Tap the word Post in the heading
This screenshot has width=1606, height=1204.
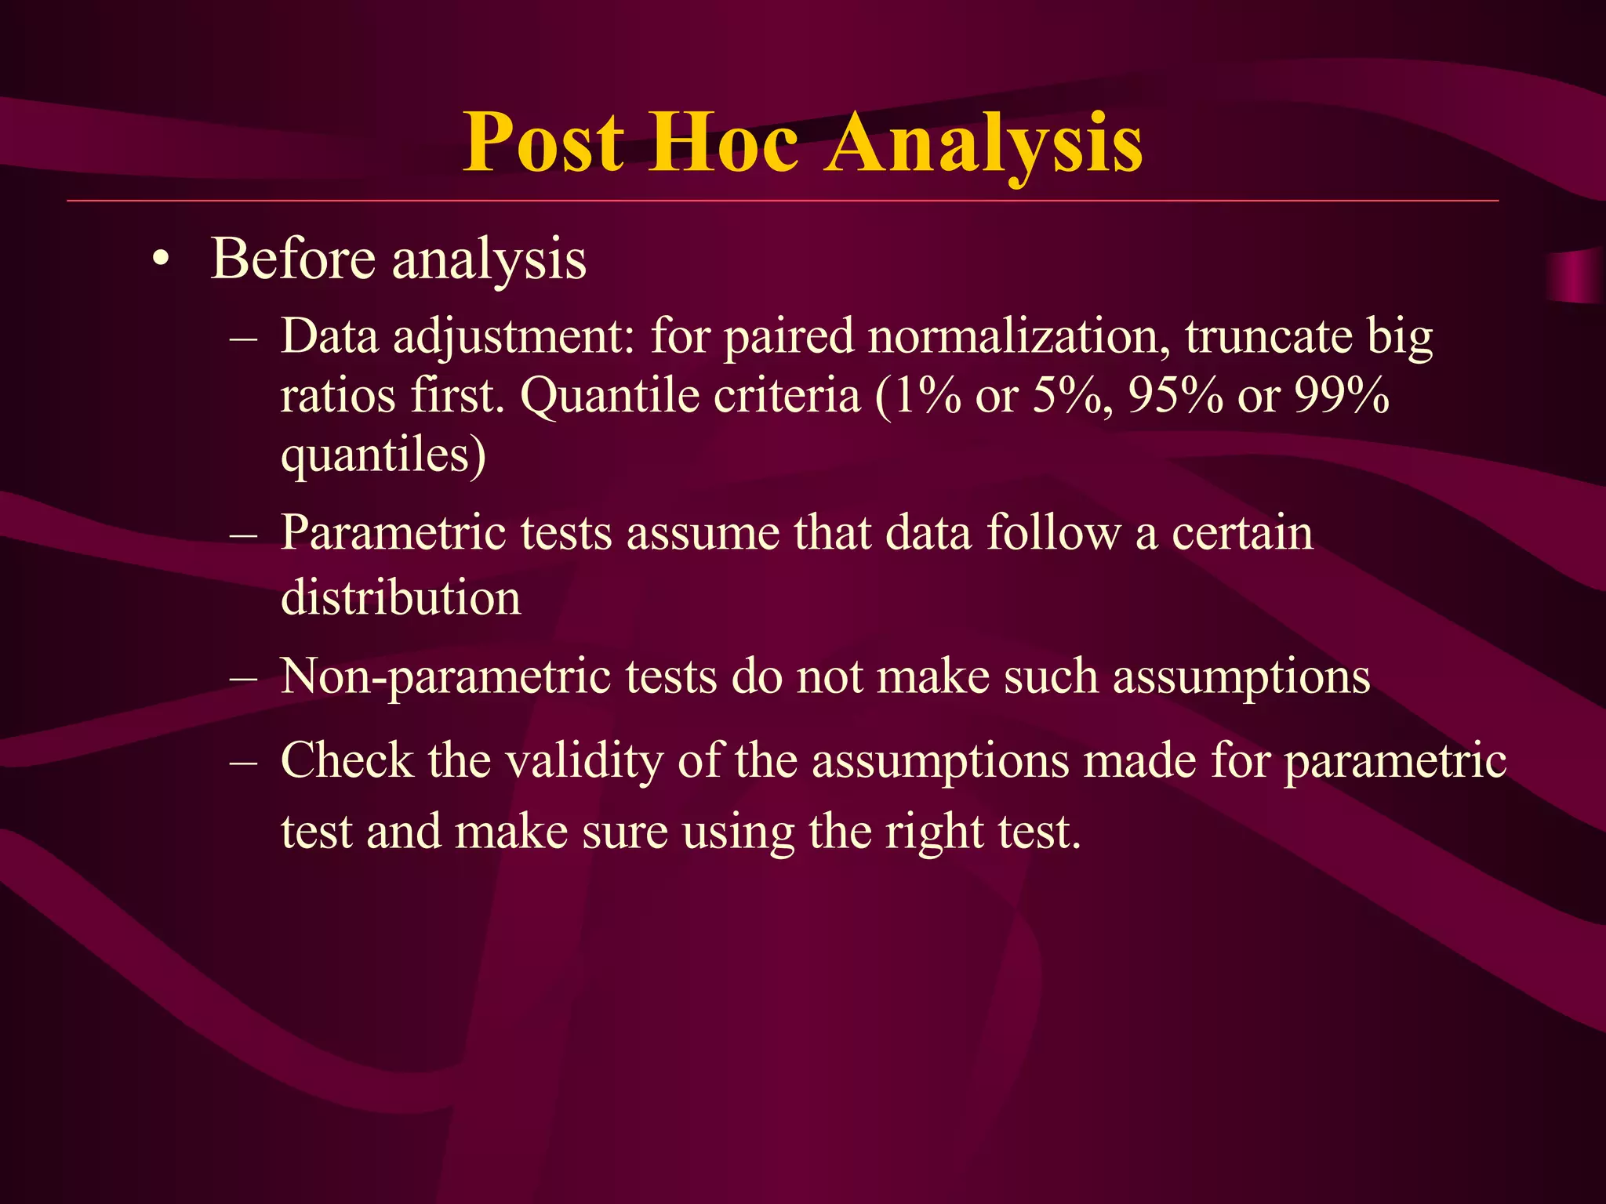(x=543, y=143)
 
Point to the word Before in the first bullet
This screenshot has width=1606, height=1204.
(x=293, y=259)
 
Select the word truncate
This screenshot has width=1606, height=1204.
(x=1268, y=337)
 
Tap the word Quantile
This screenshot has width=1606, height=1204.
(x=609, y=396)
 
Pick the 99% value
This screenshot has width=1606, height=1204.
(x=1341, y=396)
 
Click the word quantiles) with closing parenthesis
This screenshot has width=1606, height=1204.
(x=383, y=455)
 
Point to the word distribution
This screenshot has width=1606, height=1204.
(x=400, y=597)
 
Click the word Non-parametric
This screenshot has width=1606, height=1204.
(x=445, y=676)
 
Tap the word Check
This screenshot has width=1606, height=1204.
(x=347, y=760)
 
